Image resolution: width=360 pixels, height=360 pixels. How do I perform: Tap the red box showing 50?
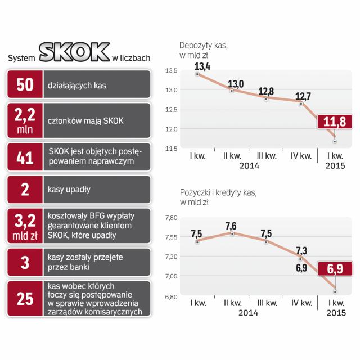click(x=24, y=85)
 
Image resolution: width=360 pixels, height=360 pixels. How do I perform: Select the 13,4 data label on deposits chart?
click(x=203, y=66)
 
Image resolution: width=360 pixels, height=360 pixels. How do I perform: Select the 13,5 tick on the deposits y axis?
click(x=170, y=71)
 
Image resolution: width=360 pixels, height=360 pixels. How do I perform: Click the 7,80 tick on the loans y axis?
click(x=169, y=218)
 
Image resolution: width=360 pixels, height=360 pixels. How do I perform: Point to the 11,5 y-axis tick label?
click(x=170, y=148)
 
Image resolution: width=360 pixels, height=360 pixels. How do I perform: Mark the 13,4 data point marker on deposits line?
click(x=197, y=74)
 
